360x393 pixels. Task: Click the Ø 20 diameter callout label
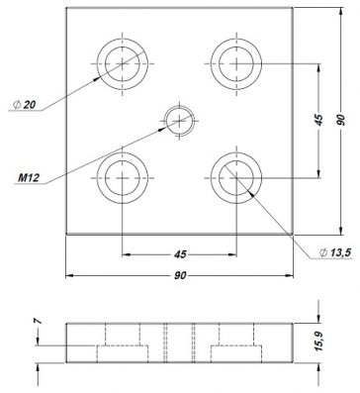[x=24, y=105]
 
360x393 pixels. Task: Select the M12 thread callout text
[x=29, y=178]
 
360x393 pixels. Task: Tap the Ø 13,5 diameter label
[x=335, y=252]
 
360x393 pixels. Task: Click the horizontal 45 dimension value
[x=180, y=254]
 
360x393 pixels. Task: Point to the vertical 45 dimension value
[x=318, y=120]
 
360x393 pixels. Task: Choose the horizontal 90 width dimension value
[x=180, y=275]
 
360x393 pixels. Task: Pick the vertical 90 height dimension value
[x=341, y=120]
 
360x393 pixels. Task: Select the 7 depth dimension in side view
[x=38, y=321]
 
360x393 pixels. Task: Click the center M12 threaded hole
[x=179, y=121]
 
